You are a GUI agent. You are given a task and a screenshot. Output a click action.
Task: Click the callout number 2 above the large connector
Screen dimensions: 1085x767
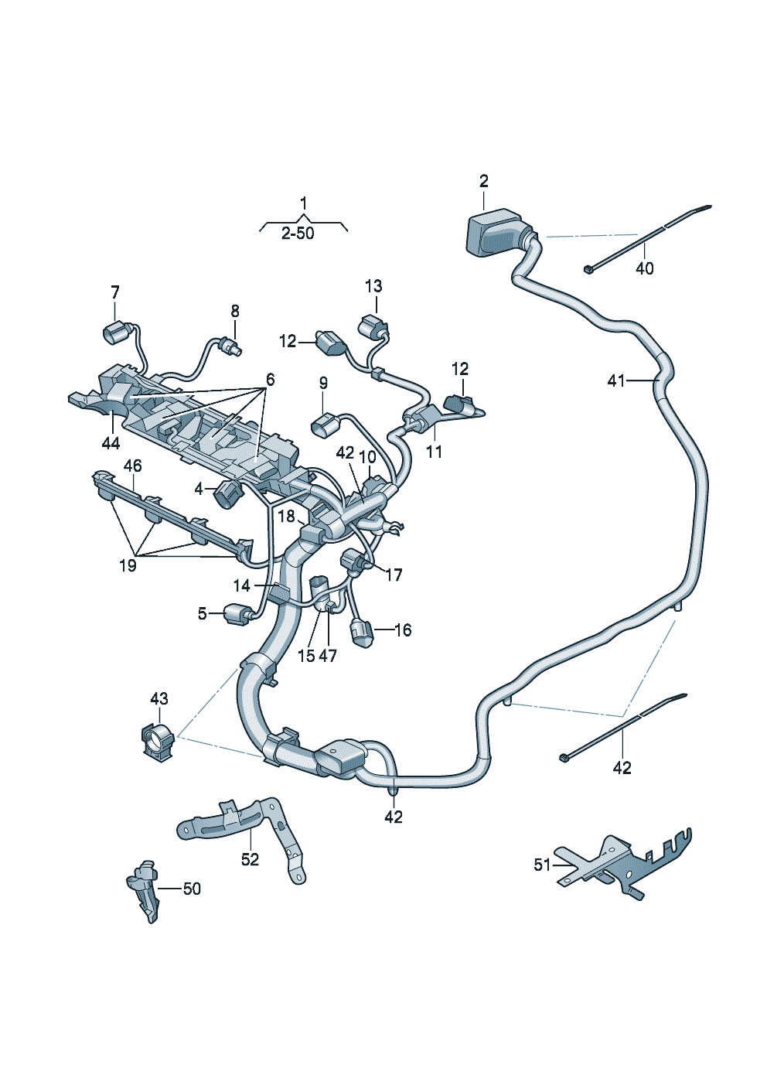pyautogui.click(x=484, y=182)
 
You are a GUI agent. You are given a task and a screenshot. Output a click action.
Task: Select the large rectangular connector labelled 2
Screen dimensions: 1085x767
pyautogui.click(x=495, y=231)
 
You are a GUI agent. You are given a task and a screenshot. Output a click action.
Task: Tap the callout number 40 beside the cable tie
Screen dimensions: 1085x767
pyautogui.click(x=644, y=268)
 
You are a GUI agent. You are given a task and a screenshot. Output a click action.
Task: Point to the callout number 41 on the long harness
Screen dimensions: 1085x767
pyautogui.click(x=616, y=380)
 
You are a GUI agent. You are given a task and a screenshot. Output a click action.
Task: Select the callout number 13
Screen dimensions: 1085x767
pyautogui.click(x=373, y=286)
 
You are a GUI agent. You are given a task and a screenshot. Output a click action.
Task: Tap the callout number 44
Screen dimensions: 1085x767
pyautogui.click(x=111, y=442)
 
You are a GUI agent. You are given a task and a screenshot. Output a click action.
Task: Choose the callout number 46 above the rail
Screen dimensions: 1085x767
pyautogui.click(x=133, y=466)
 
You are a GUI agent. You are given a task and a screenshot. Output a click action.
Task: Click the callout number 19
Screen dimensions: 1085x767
pyautogui.click(x=128, y=565)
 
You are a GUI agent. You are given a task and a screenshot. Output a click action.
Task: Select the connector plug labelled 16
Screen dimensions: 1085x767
pyautogui.click(x=362, y=633)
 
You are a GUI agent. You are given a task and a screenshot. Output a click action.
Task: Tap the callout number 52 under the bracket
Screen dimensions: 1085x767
pyautogui.click(x=250, y=859)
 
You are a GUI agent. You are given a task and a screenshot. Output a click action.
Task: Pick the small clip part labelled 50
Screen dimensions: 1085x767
pyautogui.click(x=144, y=889)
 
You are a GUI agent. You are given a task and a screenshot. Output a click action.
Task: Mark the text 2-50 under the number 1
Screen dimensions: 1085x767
pyautogui.click(x=298, y=234)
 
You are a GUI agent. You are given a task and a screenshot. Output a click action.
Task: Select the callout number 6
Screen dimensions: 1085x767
pyautogui.click(x=270, y=380)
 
